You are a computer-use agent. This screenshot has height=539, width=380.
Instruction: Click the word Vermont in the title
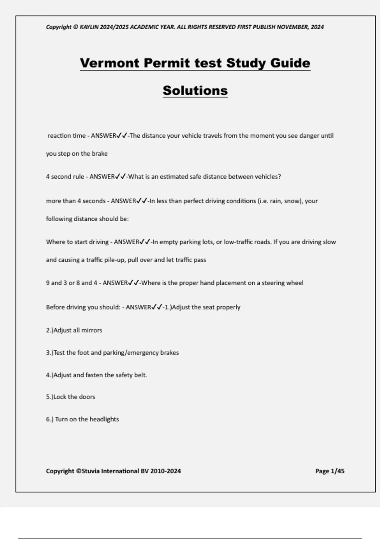pyautogui.click(x=110, y=63)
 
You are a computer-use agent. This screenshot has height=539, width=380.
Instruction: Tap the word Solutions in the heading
pyautogui.click(x=195, y=91)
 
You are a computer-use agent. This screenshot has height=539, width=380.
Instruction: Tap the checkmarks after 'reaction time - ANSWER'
pyautogui.click(x=122, y=136)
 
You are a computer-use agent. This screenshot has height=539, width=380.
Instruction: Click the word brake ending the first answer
pyautogui.click(x=100, y=154)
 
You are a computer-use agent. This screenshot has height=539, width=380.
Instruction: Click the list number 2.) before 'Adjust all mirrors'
pyautogui.click(x=49, y=330)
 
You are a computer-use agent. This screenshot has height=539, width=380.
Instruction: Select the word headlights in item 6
pyautogui.click(x=104, y=419)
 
